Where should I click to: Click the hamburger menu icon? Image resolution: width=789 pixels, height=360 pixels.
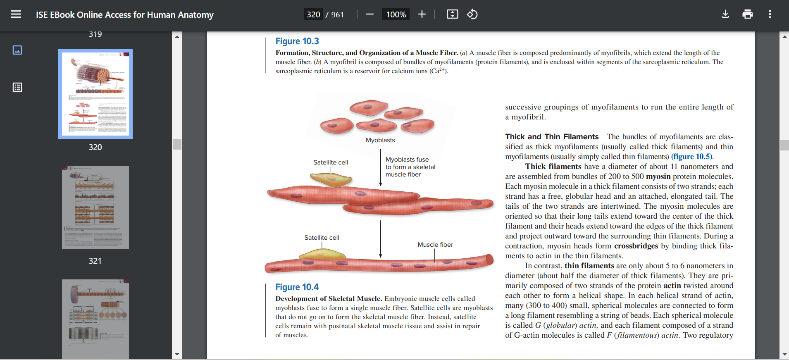point(16,14)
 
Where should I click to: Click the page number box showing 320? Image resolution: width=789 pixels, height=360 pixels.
point(313,14)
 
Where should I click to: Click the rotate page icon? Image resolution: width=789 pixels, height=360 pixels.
point(472,14)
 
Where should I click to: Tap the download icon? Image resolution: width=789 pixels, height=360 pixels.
point(725,14)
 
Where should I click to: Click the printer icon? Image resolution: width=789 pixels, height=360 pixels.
point(747,14)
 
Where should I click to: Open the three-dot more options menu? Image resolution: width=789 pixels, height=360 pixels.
point(770,14)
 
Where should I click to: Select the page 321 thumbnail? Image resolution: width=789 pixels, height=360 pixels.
point(95,207)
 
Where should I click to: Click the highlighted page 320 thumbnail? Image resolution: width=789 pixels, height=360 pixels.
point(95,94)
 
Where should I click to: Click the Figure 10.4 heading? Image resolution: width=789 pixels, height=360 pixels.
point(297,287)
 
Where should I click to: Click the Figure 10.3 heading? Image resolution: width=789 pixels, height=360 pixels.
point(297,41)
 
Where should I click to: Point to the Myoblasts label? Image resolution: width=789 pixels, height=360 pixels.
point(380,140)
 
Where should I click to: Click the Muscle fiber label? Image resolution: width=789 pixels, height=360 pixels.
point(435,245)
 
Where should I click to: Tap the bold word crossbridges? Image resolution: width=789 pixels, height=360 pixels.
point(636,246)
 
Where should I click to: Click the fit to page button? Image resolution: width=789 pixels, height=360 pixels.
point(452,14)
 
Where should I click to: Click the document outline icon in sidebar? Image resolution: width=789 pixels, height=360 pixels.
point(17,87)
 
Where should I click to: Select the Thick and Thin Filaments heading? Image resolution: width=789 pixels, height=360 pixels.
point(552,137)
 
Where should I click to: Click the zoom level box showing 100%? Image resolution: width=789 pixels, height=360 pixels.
point(396,14)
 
